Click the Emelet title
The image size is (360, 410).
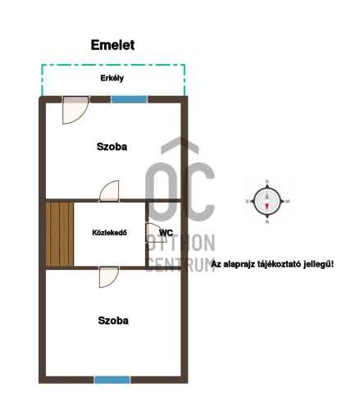112,45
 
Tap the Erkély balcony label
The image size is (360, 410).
112,78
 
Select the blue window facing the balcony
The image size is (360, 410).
129,99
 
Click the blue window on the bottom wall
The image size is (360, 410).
112,380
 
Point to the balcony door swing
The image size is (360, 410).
75,110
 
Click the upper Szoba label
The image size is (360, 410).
112,147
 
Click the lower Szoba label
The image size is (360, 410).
113,321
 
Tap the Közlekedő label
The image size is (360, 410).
109,233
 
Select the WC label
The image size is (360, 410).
166,233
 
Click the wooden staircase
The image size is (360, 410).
60,234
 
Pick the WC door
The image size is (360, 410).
156,233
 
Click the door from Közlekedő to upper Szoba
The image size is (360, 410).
109,191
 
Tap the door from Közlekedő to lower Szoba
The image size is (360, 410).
109,277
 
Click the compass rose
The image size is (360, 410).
267,202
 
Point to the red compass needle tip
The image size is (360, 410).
267,209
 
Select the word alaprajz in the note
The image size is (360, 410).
237,265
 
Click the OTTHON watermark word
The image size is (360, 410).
180,243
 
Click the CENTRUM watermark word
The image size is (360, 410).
180,264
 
